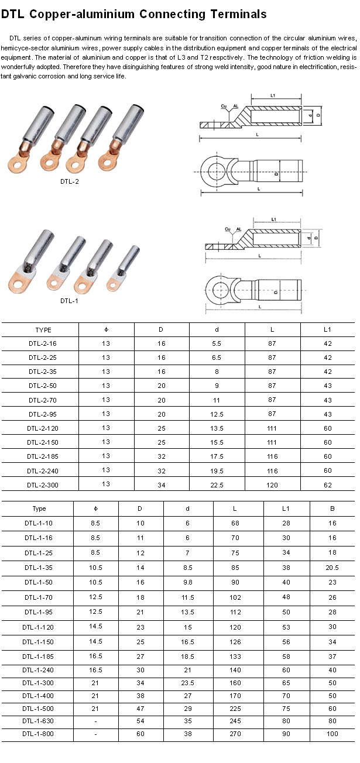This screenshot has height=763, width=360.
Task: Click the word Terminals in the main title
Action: (238, 14)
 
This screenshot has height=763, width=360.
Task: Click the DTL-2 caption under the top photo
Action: (70, 181)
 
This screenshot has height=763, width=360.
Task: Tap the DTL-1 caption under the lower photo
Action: (69, 301)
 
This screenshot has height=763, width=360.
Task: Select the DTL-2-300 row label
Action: (43, 485)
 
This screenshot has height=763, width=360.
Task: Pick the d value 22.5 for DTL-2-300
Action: (217, 485)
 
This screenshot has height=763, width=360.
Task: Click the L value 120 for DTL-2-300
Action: (272, 485)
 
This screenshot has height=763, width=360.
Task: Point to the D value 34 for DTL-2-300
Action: (162, 485)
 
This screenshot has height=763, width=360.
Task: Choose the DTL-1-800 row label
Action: (38, 734)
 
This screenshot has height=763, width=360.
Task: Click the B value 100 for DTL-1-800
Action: (332, 734)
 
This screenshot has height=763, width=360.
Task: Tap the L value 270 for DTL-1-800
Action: (235, 734)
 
